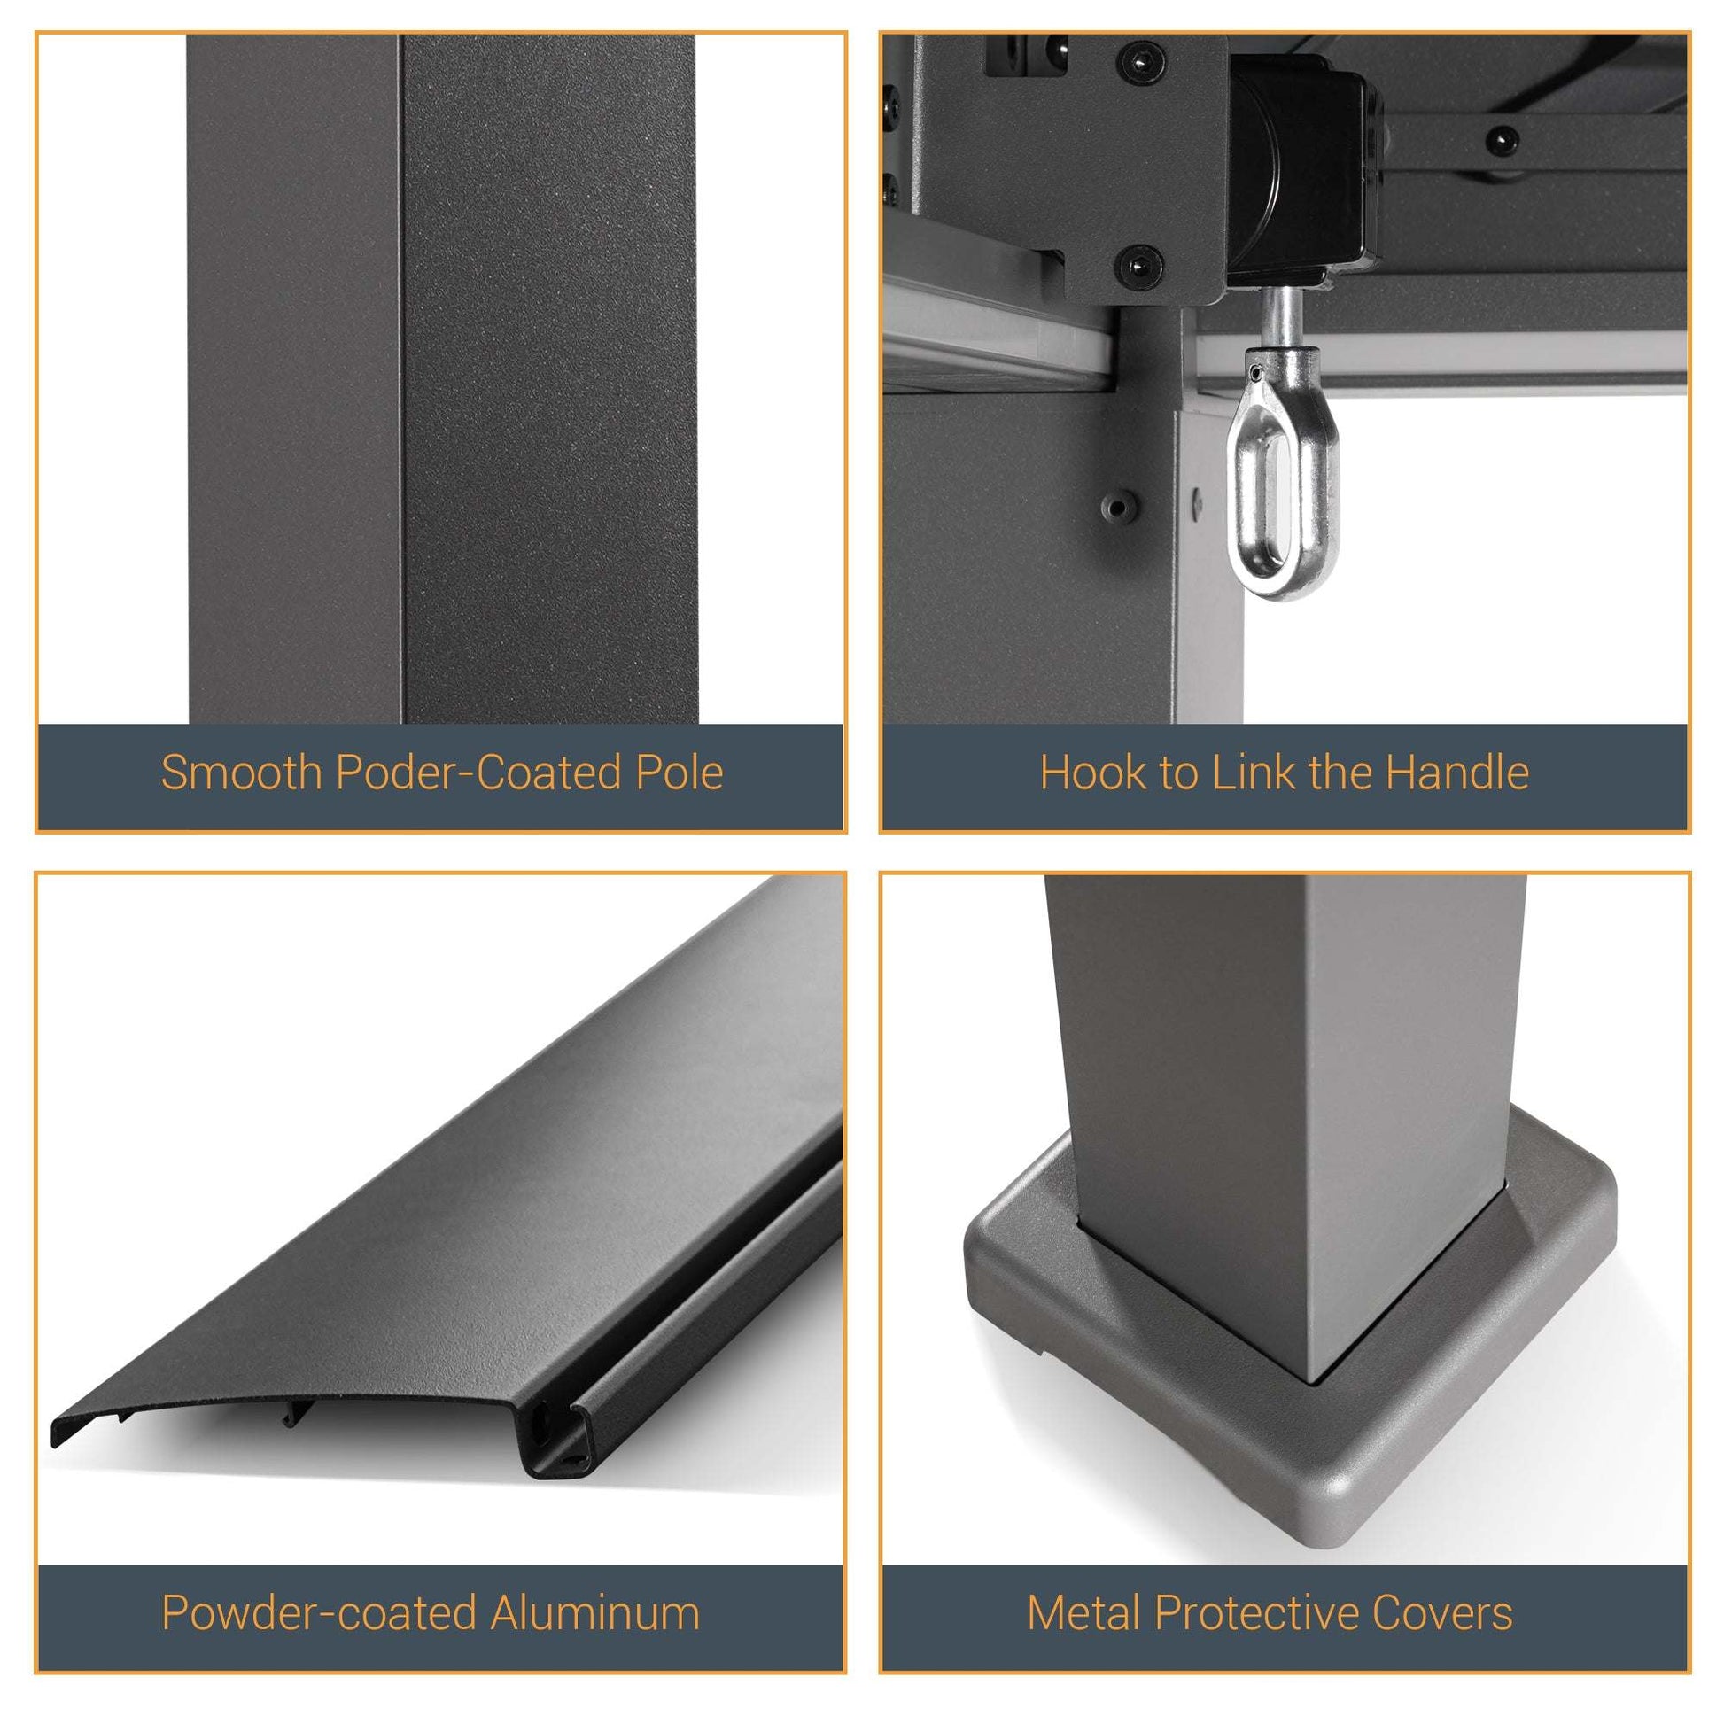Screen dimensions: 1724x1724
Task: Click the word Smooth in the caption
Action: (x=241, y=773)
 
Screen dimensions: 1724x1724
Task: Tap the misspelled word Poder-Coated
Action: (x=478, y=773)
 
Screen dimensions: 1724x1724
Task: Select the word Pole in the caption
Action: (x=679, y=773)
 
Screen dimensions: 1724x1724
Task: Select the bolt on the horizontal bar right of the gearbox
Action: (x=1502, y=139)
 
